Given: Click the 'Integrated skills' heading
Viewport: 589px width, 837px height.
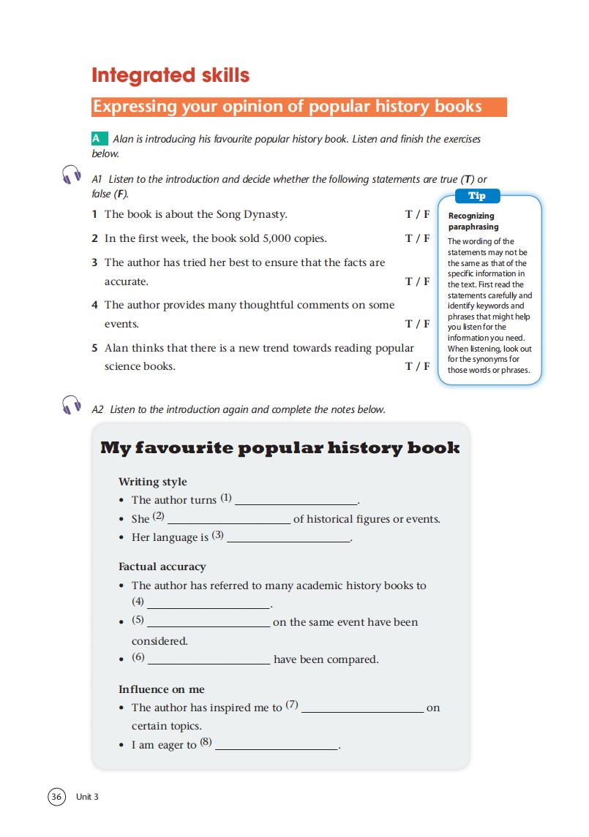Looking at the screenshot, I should [x=170, y=75].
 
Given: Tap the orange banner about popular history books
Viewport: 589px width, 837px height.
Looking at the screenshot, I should [x=299, y=107].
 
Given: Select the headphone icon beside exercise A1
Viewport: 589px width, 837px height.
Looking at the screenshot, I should [x=72, y=175].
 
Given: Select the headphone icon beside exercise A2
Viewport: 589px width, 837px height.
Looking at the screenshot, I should [x=72, y=405].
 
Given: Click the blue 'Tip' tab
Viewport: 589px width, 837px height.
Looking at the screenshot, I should [x=476, y=196].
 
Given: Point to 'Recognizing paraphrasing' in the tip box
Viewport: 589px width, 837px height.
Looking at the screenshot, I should [x=473, y=221].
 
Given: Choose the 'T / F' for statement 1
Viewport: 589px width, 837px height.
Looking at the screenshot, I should [x=417, y=215].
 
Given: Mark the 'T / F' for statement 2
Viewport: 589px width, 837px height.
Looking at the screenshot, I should [x=417, y=238].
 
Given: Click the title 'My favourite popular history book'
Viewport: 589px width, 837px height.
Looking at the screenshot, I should [x=280, y=447].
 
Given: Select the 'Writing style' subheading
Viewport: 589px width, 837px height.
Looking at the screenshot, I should [x=152, y=482].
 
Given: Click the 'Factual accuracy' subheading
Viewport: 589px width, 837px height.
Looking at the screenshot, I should [x=162, y=567].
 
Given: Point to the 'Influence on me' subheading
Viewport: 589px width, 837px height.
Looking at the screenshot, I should [x=161, y=689].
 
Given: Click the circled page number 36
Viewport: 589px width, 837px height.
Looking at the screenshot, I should [x=56, y=796].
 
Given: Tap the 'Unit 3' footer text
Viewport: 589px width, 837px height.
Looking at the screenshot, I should [x=86, y=797].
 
